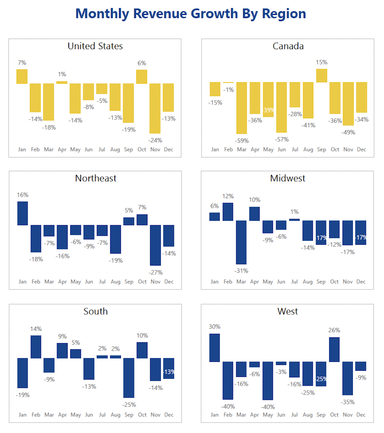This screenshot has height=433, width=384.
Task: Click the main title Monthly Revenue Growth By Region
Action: pyautogui.click(x=191, y=14)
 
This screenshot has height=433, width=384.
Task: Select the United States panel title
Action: pyautogui.click(x=95, y=46)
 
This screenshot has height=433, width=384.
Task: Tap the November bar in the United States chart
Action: pyautogui.click(x=155, y=108)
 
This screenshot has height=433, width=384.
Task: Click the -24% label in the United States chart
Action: pyautogui.click(x=155, y=140)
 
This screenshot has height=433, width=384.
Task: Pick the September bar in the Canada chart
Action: pyautogui.click(x=322, y=76)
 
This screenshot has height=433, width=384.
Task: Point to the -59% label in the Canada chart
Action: pyautogui.click(x=242, y=141)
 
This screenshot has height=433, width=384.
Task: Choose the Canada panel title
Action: pyautogui.click(x=288, y=46)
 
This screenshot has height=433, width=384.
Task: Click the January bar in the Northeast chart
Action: pyautogui.click(x=23, y=213)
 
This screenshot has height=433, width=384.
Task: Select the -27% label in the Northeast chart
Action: pyautogui.click(x=156, y=273)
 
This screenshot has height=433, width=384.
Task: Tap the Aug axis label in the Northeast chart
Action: pyautogui.click(x=116, y=282)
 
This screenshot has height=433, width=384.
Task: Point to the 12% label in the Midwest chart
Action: pyautogui.click(x=228, y=196)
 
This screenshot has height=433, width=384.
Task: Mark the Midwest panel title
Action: pyautogui.click(x=288, y=178)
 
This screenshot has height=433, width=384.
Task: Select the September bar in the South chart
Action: pyautogui.click(x=129, y=378)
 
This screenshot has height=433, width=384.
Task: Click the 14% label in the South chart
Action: pyautogui.click(x=36, y=329)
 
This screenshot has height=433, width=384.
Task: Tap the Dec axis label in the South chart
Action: pyautogui.click(x=169, y=415)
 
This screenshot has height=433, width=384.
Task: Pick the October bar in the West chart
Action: pyautogui.click(x=334, y=350)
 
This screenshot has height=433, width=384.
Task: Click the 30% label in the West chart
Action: pyautogui.click(x=215, y=327)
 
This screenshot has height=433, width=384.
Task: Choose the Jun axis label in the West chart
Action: pyautogui.click(x=281, y=415)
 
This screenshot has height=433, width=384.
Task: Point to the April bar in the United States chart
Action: pyautogui.click(x=62, y=82)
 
